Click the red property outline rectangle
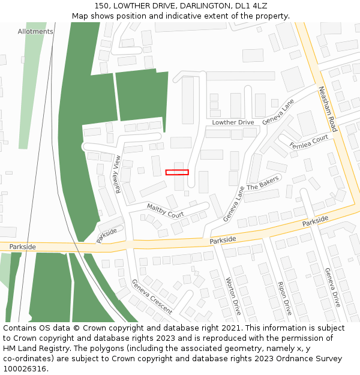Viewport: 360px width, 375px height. click(177, 172)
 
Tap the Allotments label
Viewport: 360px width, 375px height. click(35, 31)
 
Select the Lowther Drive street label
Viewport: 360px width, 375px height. click(233, 122)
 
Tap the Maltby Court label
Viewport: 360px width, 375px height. click(165, 211)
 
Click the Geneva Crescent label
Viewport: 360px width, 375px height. click(152, 296)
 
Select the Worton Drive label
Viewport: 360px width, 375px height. click(233, 296)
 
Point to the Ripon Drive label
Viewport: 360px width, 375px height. click(284, 297)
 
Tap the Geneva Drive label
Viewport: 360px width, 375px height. click(332, 287)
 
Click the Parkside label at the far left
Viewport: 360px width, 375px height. click(23, 247)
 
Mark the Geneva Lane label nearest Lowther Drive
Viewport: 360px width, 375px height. click(278, 112)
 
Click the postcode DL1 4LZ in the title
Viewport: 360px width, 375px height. click(253, 5)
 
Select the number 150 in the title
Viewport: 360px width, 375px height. click(101, 5)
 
